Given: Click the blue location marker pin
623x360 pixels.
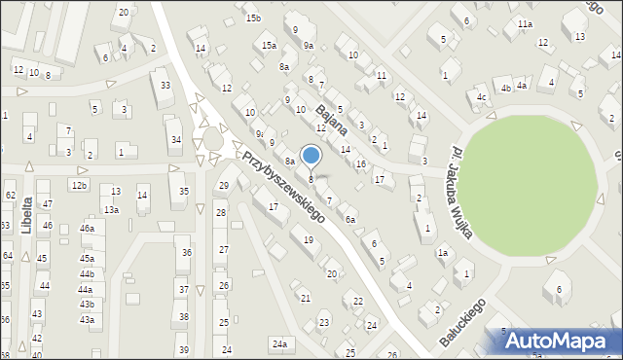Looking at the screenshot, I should (x=311, y=155).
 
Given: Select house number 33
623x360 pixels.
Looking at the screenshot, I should (x=166, y=86).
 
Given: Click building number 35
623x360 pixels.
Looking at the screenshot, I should (x=184, y=191).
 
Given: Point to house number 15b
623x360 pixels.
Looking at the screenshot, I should (x=253, y=18).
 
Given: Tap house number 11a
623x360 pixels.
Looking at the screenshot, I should (x=526, y=23).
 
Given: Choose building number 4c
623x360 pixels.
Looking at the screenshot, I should (x=481, y=97).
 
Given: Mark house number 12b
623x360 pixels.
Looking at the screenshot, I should (x=79, y=185).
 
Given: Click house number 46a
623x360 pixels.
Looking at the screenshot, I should (x=87, y=228).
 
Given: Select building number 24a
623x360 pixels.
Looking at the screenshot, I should (x=280, y=343).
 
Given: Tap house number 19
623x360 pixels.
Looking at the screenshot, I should (x=309, y=239).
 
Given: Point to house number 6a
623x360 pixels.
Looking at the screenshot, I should (x=349, y=220).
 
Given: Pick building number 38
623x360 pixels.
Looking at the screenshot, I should (x=184, y=317).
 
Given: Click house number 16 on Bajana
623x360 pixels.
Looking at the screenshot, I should (x=361, y=163).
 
